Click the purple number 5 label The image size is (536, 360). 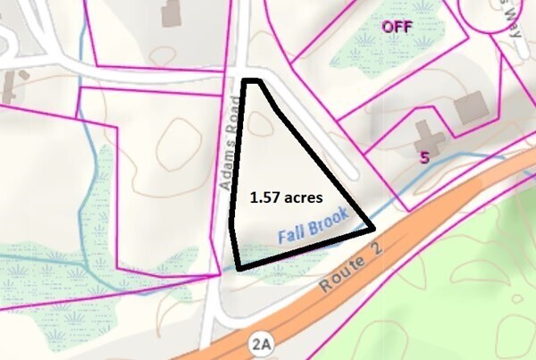(x=425, y=156)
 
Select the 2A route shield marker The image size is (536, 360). (x=259, y=344)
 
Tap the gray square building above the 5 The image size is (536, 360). (x=471, y=109)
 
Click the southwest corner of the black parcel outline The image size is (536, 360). (x=238, y=266)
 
